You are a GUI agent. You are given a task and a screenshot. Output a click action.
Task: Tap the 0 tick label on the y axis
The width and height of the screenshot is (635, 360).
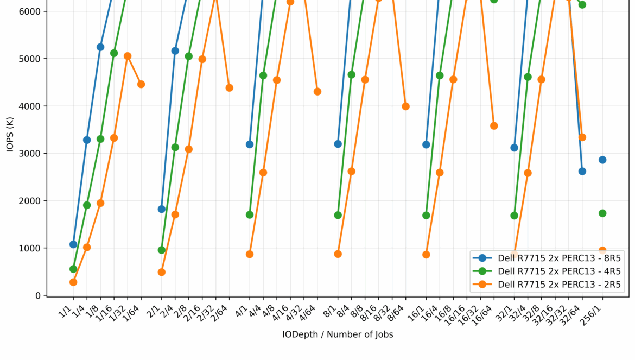[37, 296]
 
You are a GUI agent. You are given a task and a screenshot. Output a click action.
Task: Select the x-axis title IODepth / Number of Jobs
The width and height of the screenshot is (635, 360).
[338, 335]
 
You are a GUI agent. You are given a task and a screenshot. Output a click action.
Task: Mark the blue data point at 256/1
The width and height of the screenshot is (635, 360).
[602, 160]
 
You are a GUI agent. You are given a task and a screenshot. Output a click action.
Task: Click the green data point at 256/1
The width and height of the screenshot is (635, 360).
[602, 213]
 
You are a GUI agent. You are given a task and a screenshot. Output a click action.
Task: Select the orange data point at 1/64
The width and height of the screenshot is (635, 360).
[141, 84]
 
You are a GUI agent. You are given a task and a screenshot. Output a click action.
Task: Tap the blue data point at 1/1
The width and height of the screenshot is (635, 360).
[73, 244]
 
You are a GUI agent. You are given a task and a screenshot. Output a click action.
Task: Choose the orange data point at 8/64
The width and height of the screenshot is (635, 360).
[406, 106]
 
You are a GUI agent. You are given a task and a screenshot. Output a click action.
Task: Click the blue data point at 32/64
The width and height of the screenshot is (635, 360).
[582, 171]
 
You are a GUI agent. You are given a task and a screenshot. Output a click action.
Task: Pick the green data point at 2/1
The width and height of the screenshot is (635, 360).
[162, 250]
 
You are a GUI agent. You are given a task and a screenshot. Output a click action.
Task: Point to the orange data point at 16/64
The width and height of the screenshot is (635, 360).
[494, 126]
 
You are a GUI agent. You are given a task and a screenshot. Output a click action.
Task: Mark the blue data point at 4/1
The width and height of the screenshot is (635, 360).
[250, 144]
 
